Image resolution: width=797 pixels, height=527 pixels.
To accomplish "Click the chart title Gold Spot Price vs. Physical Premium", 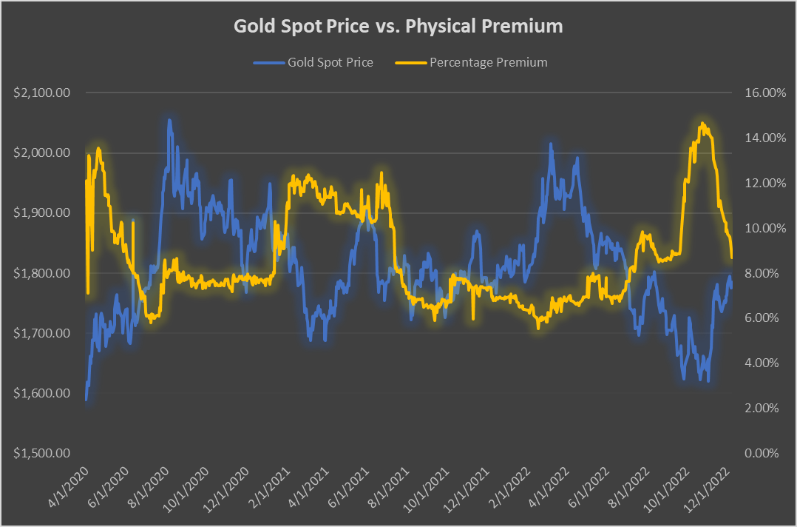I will coord(398,27).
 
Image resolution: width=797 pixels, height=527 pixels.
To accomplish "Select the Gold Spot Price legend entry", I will coord(313,62).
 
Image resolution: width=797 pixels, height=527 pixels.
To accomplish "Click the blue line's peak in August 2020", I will coord(169,120).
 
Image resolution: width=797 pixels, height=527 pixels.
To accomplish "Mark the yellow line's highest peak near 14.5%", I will coord(701,124).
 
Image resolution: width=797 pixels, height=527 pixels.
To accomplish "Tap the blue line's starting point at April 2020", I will coord(86,400).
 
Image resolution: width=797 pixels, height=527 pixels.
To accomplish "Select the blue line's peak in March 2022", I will coord(550,144).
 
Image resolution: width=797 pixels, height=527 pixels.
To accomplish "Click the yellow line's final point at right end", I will coord(732,258).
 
